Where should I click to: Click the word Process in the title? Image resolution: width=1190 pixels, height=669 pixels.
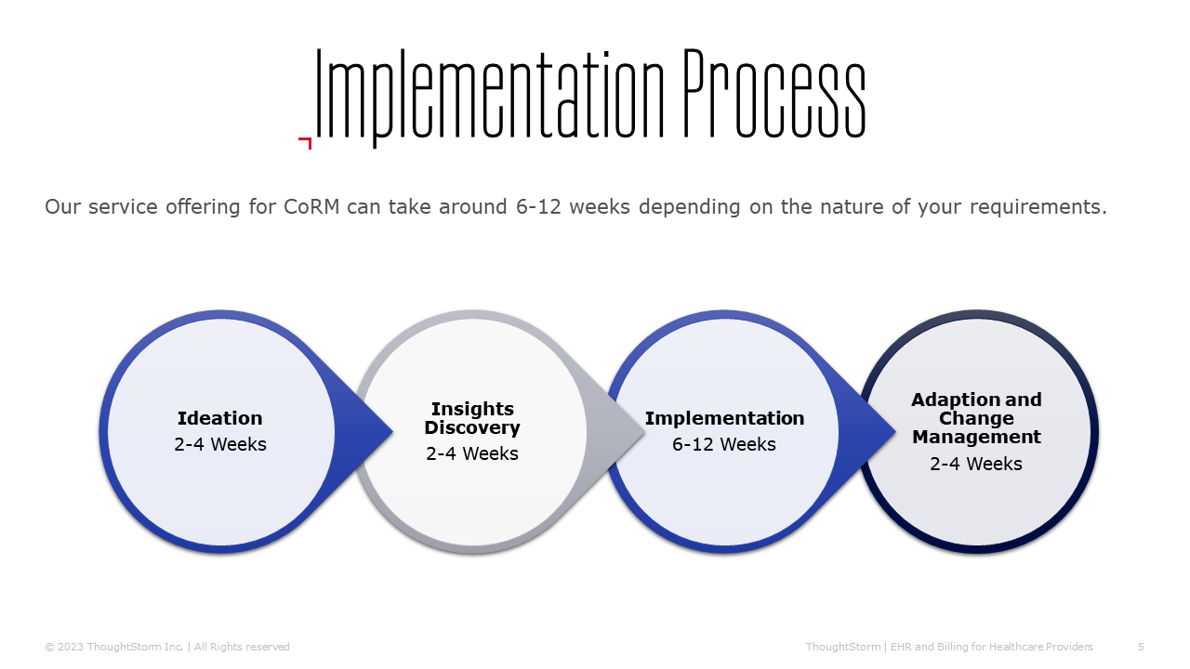point(774,94)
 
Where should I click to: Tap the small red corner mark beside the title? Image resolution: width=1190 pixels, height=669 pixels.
point(305,143)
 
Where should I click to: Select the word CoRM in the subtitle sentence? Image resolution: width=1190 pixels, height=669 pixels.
point(311,206)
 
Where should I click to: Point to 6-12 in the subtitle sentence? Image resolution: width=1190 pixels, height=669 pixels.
point(538,206)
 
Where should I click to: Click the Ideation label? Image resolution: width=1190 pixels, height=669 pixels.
point(220,418)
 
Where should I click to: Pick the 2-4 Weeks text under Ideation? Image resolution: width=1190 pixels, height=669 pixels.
point(220,444)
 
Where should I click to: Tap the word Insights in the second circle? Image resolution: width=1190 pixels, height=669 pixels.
point(472,410)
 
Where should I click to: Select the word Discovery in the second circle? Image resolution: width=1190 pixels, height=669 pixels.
point(472,428)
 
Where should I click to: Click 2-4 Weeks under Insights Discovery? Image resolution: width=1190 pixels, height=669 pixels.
point(471,454)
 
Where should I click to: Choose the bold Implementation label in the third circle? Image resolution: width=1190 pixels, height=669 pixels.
point(724,418)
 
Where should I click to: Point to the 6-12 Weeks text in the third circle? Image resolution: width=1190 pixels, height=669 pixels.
point(724,444)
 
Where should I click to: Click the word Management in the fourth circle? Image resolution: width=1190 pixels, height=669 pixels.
point(976,437)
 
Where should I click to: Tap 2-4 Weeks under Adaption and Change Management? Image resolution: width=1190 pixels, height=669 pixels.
point(976,464)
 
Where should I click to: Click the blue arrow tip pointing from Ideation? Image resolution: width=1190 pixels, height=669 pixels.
point(392,432)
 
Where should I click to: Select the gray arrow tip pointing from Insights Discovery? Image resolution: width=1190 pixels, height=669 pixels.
point(644,432)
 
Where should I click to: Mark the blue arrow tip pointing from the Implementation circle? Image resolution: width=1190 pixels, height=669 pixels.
point(895,432)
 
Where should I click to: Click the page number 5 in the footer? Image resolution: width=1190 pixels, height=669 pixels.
point(1141,647)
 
